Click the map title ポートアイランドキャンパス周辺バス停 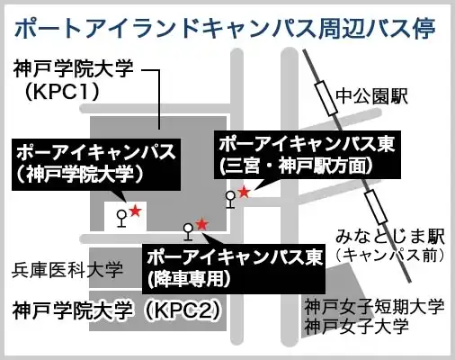(225, 29)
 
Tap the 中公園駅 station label (371, 96)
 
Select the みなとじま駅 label (389, 236)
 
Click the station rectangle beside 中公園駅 (326, 98)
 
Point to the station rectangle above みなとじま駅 (376, 207)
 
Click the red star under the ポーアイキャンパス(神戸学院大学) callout (135, 211)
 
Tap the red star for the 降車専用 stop (201, 224)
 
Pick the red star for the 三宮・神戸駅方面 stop (244, 192)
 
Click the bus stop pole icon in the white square (121, 219)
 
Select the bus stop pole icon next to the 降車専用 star (188, 232)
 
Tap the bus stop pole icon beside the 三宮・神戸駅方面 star (230, 200)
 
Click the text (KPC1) (62, 91)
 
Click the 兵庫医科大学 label (67, 270)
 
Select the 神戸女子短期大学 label (374, 307)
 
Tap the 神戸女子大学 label (357, 326)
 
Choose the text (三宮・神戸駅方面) (296, 166)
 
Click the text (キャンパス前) (389, 256)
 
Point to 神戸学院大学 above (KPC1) (74, 68)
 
